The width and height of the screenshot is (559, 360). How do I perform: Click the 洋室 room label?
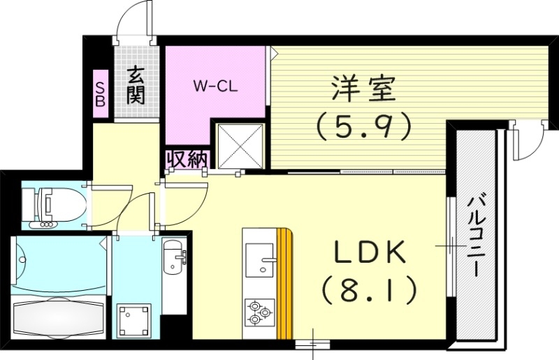coord(363,89)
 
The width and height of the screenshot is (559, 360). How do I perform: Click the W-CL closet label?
coord(217,87)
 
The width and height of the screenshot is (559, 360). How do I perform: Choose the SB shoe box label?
coord(100,92)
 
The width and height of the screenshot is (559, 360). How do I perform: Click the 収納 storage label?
coord(187,160)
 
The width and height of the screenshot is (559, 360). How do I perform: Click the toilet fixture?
coord(49,204)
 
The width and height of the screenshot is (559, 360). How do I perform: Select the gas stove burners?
coord(259,311)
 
